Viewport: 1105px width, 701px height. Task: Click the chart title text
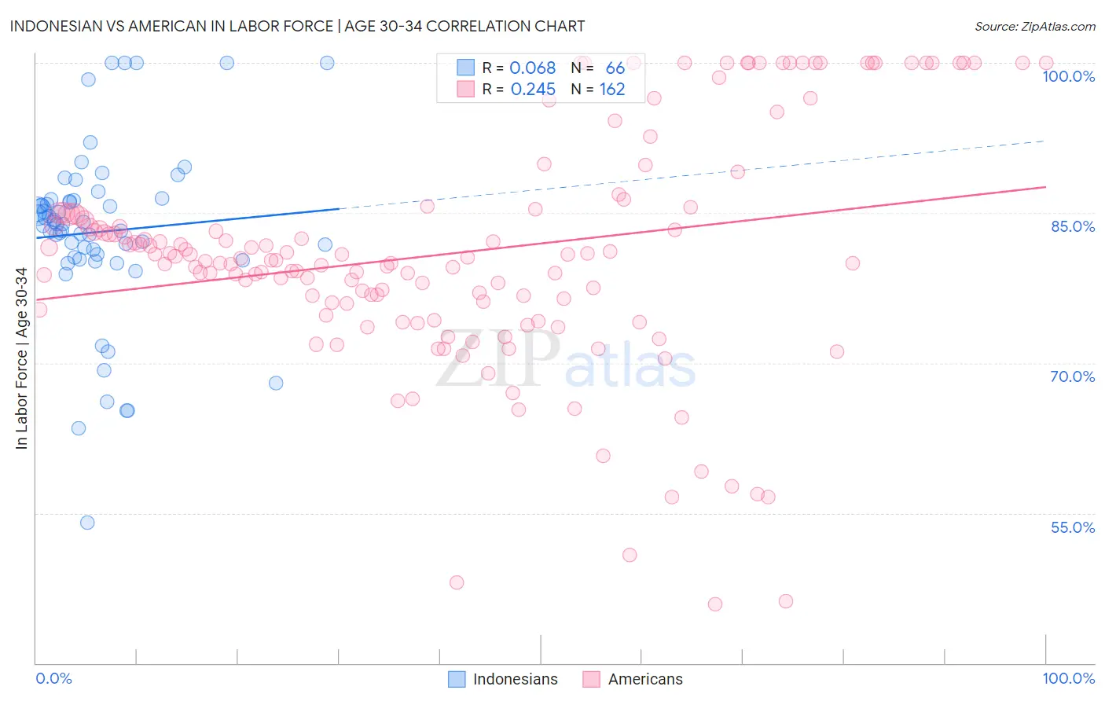tap(297, 26)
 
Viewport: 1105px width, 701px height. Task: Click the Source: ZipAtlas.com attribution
tap(1034, 26)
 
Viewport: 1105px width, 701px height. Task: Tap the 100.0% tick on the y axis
tap(1068, 76)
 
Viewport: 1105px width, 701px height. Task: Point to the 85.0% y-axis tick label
tap(1072, 226)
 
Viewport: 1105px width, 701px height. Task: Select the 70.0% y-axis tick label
tap(1072, 376)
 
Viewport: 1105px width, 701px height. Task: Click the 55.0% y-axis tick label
tap(1072, 527)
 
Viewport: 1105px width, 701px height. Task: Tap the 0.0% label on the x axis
tap(53, 678)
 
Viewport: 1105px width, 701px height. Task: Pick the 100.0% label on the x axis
tap(1068, 678)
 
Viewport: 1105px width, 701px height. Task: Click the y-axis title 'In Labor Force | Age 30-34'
tap(21, 358)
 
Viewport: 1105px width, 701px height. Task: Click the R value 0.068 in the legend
tap(532, 68)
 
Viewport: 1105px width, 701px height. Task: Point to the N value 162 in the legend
tap(612, 90)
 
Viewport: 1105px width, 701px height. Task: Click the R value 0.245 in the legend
tap(532, 90)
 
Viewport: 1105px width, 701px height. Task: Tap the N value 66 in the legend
tap(615, 68)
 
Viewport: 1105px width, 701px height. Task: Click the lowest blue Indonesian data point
tap(87, 523)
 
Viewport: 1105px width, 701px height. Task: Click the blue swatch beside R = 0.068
tap(466, 68)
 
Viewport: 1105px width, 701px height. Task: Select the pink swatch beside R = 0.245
tap(466, 90)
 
